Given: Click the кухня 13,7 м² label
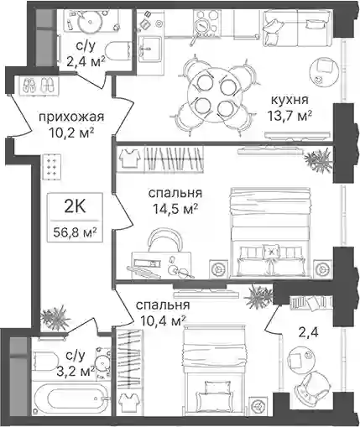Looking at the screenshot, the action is point(290,107).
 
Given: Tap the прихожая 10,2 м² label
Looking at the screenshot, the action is point(71,125).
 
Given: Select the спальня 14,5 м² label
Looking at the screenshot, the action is point(175,201).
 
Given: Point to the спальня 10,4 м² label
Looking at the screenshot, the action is point(163,313).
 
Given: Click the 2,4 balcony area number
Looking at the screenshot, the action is point(309,333).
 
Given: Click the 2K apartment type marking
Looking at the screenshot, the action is point(75,207).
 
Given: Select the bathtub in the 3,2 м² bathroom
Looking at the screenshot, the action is point(71,399).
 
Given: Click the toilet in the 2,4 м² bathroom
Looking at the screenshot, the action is point(118,51).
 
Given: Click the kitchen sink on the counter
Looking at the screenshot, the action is point(149,49).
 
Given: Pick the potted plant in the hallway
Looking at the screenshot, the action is point(55,318).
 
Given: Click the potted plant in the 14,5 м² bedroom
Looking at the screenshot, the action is point(319,160).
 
